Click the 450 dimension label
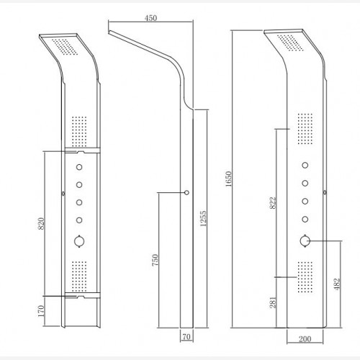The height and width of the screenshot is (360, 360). click(150, 18)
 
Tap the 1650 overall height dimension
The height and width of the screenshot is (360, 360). click(229, 179)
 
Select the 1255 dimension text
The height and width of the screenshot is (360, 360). click(203, 218)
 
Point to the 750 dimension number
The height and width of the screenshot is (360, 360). click(156, 260)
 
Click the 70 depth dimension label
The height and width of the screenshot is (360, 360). click(186, 337)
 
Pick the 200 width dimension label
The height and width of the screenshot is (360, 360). click(305, 339)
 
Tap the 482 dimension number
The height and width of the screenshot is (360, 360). click(337, 284)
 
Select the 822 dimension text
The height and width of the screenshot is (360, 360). click(273, 203)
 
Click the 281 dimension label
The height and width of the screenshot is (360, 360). click(273, 302)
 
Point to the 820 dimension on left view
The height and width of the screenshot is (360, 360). click(41, 223)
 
